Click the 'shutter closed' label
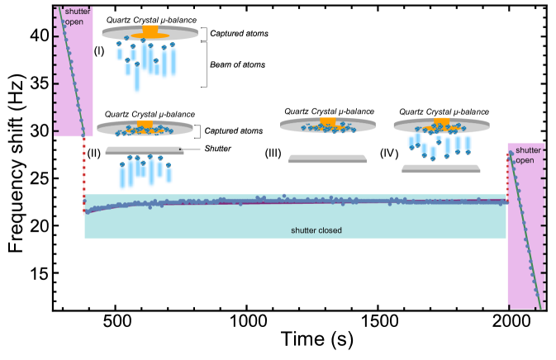click(x=316, y=230)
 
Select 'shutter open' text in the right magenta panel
click(x=526, y=155)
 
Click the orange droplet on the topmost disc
click(x=150, y=31)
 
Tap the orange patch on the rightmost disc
click(x=442, y=122)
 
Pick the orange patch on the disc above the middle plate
click(x=328, y=122)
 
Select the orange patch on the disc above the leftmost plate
click(x=145, y=124)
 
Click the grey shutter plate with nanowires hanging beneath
click(x=145, y=151)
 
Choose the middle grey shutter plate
click(x=327, y=159)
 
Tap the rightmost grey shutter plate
click(x=440, y=168)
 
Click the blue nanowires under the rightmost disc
click(x=440, y=144)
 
